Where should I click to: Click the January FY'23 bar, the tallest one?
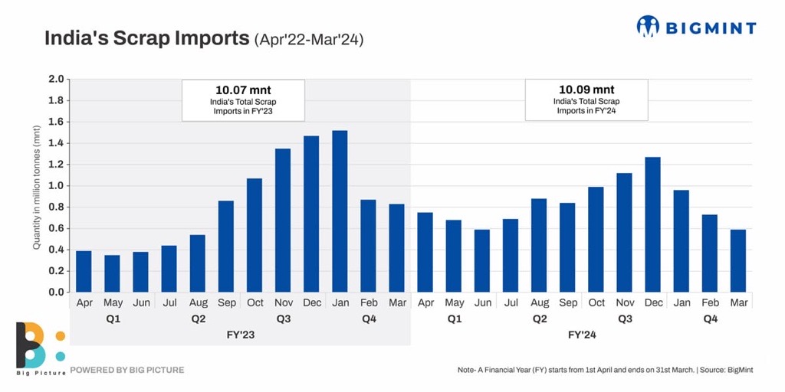(340, 211)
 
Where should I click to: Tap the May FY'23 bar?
(112, 273)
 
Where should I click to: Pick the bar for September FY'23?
(226, 246)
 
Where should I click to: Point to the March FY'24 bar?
(737, 260)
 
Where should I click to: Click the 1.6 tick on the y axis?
(56, 122)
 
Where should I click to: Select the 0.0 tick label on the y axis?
(56, 292)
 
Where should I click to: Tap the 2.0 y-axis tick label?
(56, 79)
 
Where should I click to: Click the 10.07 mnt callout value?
(243, 90)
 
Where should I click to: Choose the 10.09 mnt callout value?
(586, 90)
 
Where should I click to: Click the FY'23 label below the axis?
(241, 335)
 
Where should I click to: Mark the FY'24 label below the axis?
(583, 335)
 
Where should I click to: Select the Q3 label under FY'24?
(625, 318)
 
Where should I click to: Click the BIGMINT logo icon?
(648, 27)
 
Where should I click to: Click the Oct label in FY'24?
(596, 302)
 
